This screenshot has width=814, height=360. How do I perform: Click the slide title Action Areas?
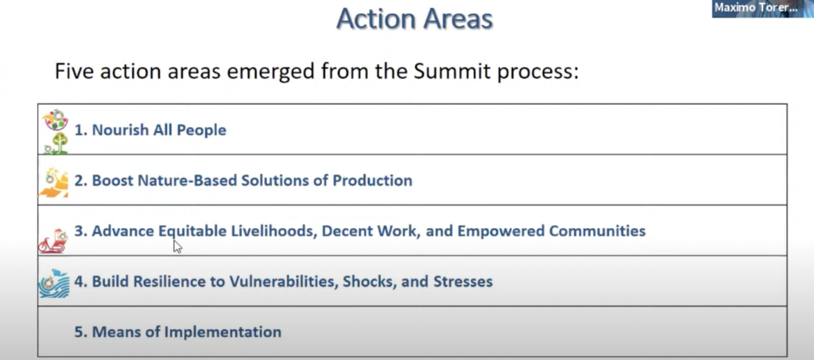[414, 19]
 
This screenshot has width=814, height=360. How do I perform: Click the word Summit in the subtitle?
[452, 72]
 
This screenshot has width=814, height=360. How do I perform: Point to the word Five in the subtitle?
[74, 71]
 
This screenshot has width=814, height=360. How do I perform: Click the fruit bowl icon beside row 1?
[56, 120]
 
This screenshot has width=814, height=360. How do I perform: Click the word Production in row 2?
[372, 180]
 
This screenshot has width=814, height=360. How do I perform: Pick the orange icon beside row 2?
[54, 183]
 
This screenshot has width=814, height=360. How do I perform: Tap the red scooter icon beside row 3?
[53, 242]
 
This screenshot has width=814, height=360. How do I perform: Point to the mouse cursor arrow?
[177, 246]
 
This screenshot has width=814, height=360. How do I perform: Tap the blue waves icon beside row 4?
[54, 283]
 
